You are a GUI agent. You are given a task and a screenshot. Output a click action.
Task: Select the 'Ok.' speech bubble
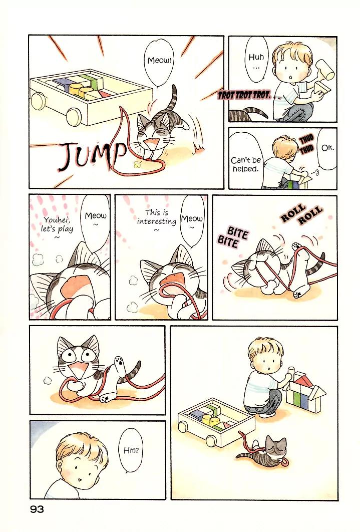327,149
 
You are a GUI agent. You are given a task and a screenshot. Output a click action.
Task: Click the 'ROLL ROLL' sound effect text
301,215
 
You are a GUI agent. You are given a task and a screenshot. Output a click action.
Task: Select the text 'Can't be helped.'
246,164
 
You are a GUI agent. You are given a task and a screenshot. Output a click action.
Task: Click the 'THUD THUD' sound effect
306,144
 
